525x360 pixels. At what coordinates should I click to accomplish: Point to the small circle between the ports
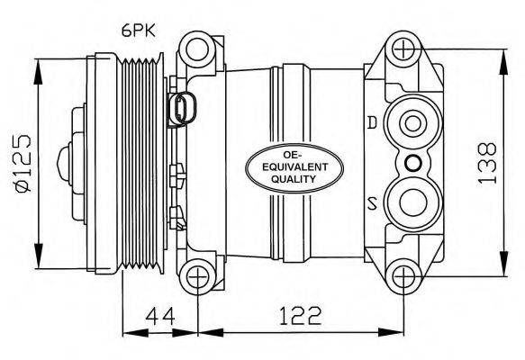(412, 162)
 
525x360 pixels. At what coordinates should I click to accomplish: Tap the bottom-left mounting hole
(196, 276)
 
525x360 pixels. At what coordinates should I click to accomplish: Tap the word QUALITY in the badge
(282, 180)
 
